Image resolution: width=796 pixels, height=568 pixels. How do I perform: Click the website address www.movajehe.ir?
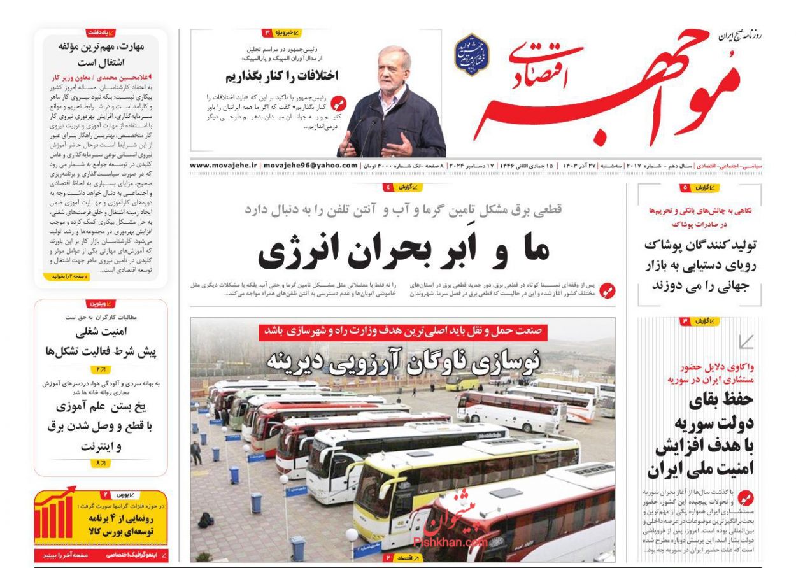[224, 166]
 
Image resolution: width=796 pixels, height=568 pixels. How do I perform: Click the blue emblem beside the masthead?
[471, 55]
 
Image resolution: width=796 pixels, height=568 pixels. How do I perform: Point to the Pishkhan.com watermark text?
[450, 542]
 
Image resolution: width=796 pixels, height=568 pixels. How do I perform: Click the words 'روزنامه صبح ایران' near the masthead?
[740, 36]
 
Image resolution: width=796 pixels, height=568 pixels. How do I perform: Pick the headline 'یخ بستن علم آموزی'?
[101, 406]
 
